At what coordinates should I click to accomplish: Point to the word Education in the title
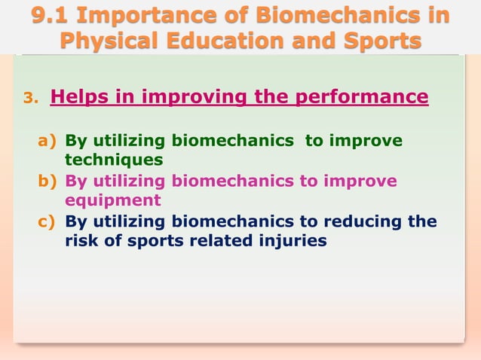223,40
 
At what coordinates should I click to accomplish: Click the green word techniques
113,160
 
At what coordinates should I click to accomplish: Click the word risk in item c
80,241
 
